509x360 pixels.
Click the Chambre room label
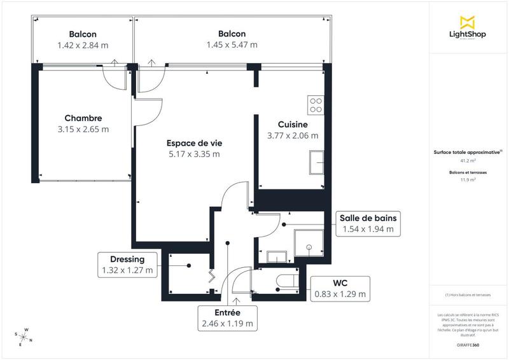click(x=83, y=118)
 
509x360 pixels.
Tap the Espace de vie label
click(x=194, y=143)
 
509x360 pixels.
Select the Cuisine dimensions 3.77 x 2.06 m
click(x=293, y=135)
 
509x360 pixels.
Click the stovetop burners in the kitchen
click(x=315, y=104)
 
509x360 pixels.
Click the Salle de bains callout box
click(x=368, y=223)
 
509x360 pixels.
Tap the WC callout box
click(x=340, y=288)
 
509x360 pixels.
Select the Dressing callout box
click(x=127, y=265)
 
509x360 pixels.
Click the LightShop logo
click(x=468, y=29)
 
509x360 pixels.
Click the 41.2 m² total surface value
click(x=468, y=161)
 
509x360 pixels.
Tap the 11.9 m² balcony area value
click(x=468, y=180)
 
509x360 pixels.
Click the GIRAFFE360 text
click(x=468, y=344)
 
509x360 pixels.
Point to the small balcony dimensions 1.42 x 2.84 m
click(x=83, y=45)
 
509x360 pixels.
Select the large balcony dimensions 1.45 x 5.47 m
click(x=232, y=45)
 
